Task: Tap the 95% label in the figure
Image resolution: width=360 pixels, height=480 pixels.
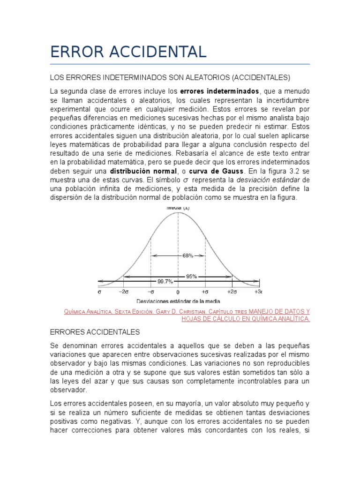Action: point(191,276)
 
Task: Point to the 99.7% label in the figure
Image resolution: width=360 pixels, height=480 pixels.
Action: point(165,281)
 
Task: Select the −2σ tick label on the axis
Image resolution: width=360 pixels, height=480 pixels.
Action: point(123,291)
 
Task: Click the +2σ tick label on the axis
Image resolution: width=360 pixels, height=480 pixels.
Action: point(232,291)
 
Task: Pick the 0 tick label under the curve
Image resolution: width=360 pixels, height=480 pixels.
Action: point(178,291)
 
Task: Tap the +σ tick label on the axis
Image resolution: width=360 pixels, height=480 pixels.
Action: point(205,291)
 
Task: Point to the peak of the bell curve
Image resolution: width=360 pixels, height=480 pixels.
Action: point(178,212)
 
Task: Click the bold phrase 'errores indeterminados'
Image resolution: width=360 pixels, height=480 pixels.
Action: point(219,90)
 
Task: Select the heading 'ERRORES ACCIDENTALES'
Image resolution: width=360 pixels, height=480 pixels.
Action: point(95,332)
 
